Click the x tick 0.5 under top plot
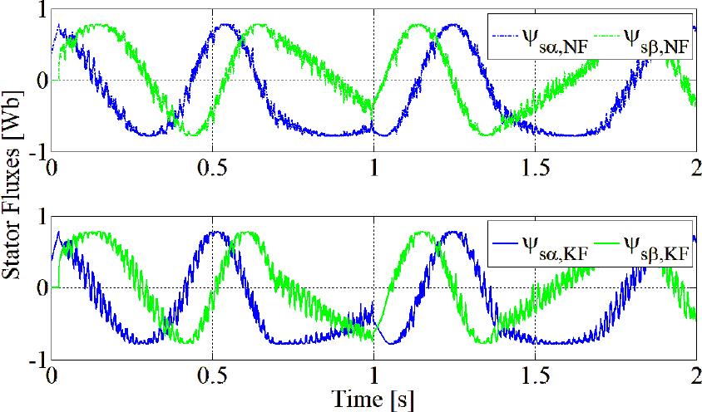(x=212, y=165)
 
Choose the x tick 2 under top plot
(x=695, y=165)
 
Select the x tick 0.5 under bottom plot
(x=212, y=373)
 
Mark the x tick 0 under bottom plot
(x=52, y=373)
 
